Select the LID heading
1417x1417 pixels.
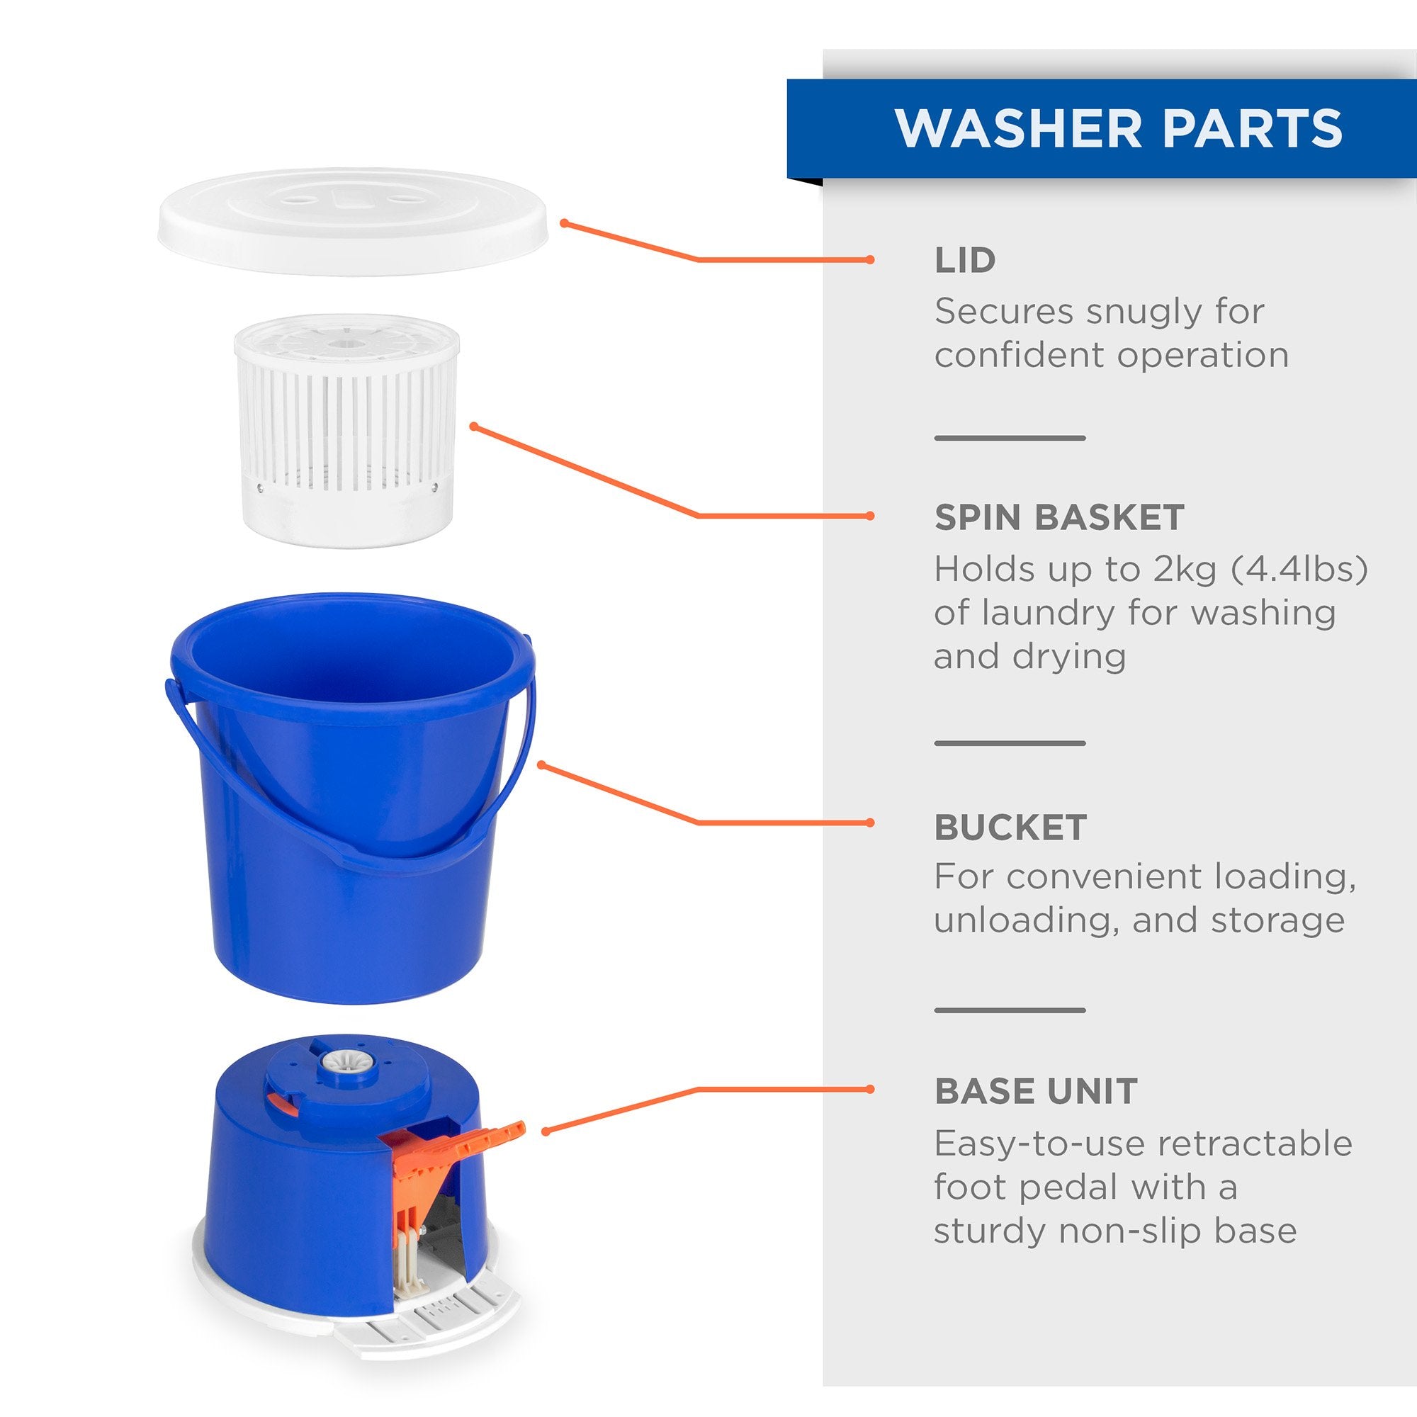964,259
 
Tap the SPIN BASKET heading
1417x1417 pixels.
1059,517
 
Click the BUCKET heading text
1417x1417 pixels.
1010,828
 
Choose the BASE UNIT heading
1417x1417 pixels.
1036,1091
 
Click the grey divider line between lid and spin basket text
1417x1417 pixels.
1010,439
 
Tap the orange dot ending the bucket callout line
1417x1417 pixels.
871,823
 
